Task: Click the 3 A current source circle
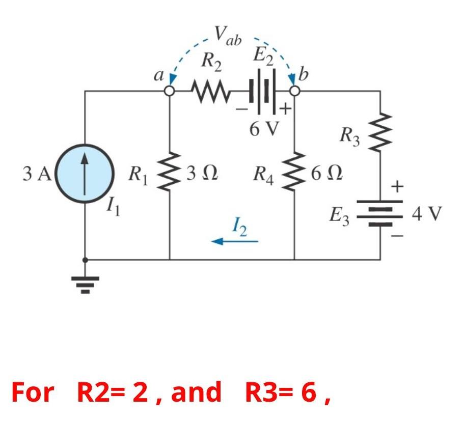pyautogui.click(x=85, y=174)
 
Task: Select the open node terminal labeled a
pyautogui.click(x=170, y=91)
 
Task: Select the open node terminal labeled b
pyautogui.click(x=294, y=91)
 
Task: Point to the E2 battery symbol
pyautogui.click(x=263, y=92)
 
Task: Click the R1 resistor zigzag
pyautogui.click(x=170, y=173)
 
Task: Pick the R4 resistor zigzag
pyautogui.click(x=294, y=173)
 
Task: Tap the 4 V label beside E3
pyautogui.click(x=427, y=213)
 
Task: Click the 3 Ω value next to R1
pyautogui.click(x=202, y=174)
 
